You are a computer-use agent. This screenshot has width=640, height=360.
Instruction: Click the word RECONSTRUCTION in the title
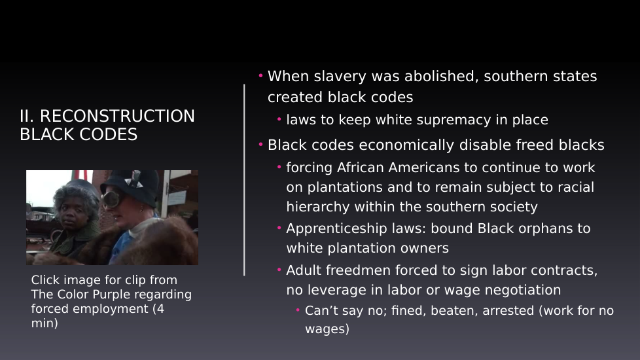tap(117, 117)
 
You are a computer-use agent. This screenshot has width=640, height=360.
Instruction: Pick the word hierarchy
tap(318, 207)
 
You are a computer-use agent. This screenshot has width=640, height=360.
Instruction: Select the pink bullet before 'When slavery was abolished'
tap(260, 75)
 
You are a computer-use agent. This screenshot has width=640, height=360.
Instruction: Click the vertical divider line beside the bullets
tap(244, 180)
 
